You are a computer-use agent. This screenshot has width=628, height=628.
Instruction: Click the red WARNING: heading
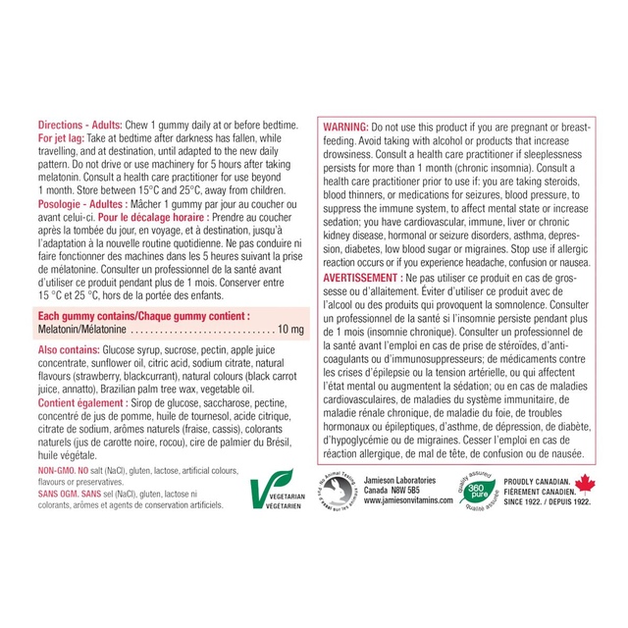tap(345, 128)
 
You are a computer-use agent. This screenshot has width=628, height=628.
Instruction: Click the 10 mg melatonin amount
tap(289, 328)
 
